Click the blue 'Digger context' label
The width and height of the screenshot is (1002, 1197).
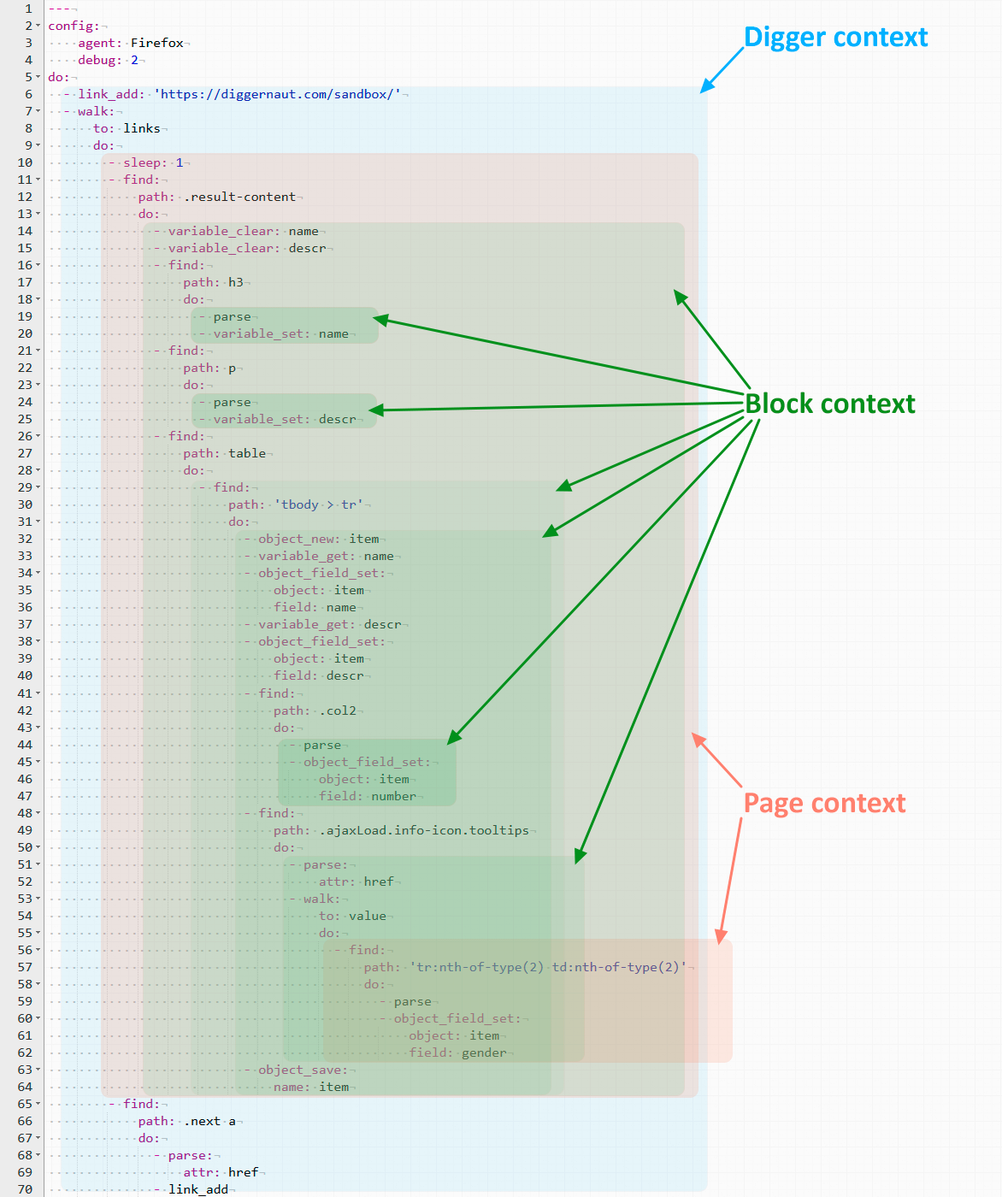(x=835, y=38)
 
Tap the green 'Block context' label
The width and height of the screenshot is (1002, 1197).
(x=829, y=404)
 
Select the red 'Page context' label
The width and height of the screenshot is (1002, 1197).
(x=824, y=803)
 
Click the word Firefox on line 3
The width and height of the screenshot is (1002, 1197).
(x=157, y=43)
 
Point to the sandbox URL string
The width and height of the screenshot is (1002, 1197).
(x=278, y=94)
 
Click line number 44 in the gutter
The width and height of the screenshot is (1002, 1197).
(x=26, y=745)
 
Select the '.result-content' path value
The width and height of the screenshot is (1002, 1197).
(x=239, y=197)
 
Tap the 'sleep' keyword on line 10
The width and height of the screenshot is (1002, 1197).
(x=142, y=162)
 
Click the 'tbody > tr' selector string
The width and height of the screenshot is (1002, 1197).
(x=319, y=504)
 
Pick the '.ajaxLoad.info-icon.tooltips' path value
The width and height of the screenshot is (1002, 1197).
(x=424, y=830)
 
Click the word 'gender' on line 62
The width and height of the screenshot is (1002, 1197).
(x=484, y=1053)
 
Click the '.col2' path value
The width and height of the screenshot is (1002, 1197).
(x=338, y=711)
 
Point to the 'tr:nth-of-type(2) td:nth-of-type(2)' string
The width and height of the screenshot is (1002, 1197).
(x=548, y=967)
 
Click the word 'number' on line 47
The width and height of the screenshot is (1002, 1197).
(x=394, y=796)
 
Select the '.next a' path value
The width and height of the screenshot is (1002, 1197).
(x=209, y=1121)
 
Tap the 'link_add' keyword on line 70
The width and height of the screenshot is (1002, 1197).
(x=198, y=1189)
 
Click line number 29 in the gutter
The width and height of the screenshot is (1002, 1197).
(x=26, y=487)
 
